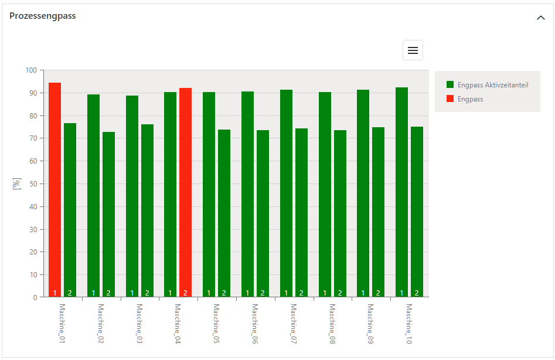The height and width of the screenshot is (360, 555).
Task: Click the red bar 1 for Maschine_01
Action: click(x=55, y=190)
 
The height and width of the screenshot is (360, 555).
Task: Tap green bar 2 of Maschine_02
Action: click(x=108, y=215)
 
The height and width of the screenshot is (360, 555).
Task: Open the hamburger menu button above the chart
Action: click(x=413, y=50)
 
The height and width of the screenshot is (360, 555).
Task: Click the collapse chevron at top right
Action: click(x=540, y=18)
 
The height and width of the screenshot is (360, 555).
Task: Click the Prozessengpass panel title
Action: click(x=43, y=16)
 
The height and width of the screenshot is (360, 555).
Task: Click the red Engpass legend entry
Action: click(x=470, y=99)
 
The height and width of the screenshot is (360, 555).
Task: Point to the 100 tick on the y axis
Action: click(x=31, y=70)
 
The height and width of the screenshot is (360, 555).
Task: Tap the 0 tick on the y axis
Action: click(x=35, y=297)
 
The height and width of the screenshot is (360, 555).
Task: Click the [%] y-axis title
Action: click(x=17, y=184)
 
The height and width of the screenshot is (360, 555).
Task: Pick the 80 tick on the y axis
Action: click(x=33, y=116)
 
